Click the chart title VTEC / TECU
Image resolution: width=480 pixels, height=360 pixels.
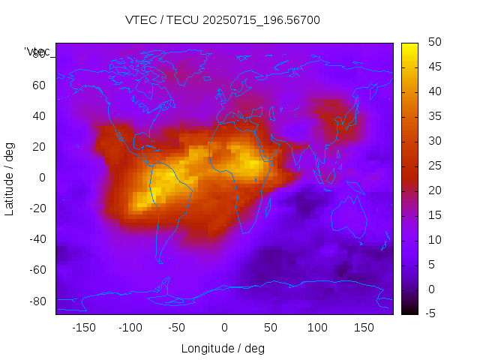coord(222,20)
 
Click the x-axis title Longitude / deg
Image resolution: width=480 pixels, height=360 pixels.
coord(223,348)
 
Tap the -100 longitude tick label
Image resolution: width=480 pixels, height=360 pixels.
coord(130,327)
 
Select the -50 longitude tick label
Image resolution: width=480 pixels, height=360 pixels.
coord(177,327)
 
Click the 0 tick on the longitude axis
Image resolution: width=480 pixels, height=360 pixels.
coord(223,327)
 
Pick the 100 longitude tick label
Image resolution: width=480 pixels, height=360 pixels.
coord(317,327)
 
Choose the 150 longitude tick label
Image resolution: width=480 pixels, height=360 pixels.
coord(364,327)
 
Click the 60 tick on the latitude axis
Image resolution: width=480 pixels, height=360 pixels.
coord(38,85)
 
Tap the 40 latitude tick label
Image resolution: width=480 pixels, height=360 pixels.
coord(38,115)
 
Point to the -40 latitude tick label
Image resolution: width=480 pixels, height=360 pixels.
coord(36,239)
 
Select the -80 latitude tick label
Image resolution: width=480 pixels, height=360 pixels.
coord(36,301)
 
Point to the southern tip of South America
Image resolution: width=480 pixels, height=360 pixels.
coord(160,262)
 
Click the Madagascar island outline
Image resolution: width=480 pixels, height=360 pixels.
coord(268,205)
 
